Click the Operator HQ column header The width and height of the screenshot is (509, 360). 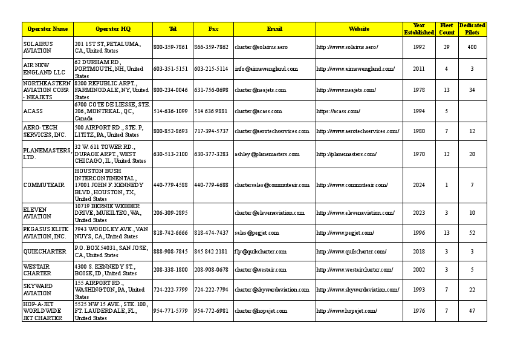tap(112, 29)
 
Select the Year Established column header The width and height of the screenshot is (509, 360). tap(419, 29)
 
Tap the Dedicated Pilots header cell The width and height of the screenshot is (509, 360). tap(472, 29)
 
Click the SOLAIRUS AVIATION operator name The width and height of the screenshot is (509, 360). tap(38, 47)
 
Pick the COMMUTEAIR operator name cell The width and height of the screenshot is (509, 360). tap(42, 185)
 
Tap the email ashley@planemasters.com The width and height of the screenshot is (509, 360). tap(267, 154)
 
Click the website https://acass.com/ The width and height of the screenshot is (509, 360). tap(339, 111)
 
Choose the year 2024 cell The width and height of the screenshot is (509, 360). tap(419, 185)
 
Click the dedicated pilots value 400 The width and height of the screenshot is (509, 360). tap(472, 47)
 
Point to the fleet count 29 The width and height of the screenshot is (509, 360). tap(447, 47)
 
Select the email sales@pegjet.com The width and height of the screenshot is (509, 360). tap(257, 233)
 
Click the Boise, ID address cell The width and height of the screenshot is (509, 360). tap(112, 270)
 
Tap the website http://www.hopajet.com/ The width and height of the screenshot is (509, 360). tap(347, 311)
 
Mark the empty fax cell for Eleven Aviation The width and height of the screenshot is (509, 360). tap(213, 213)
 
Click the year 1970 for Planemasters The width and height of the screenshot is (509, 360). tap(419, 154)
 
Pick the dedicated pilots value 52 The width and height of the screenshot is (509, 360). tap(472, 233)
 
